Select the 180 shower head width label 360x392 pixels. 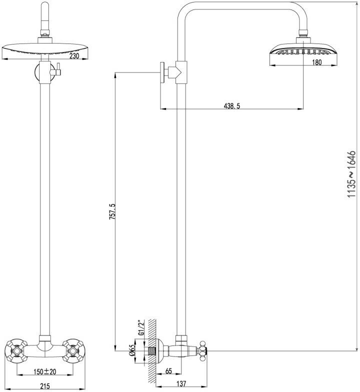coord(316,62)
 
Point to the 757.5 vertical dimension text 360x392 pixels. coord(112,211)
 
